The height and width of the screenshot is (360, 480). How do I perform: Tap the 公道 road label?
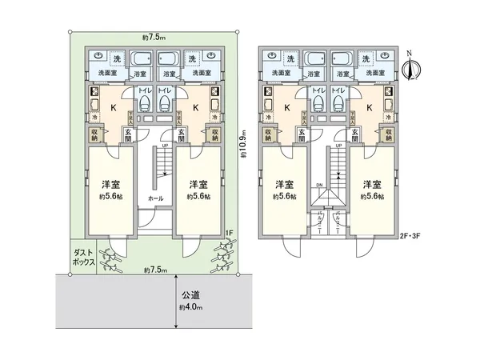[x=190, y=295]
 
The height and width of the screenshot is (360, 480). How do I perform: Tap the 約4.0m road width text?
[x=191, y=307]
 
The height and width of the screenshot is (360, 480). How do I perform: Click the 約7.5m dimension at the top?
[x=154, y=38]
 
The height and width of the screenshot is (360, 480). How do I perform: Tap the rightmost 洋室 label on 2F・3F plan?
[x=370, y=184]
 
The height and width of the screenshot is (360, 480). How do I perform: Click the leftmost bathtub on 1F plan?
[x=142, y=60]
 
